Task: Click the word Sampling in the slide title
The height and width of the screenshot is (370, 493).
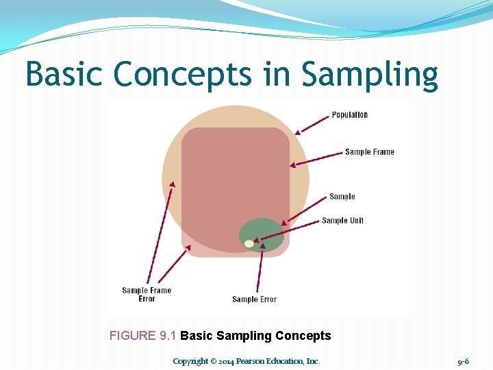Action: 369,75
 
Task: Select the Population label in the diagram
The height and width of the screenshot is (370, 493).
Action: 350,115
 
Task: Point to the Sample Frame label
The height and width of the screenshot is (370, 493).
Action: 370,152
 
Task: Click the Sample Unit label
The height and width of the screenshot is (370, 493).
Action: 342,221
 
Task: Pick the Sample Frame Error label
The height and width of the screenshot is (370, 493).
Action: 147,295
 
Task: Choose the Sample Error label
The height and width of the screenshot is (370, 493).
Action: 255,299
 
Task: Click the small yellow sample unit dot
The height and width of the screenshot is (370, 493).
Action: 249,243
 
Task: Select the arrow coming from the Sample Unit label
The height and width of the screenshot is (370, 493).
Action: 288,232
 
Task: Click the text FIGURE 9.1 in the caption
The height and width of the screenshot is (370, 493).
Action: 143,336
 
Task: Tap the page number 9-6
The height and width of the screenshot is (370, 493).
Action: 463,361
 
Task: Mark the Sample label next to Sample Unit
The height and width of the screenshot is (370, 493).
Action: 342,197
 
